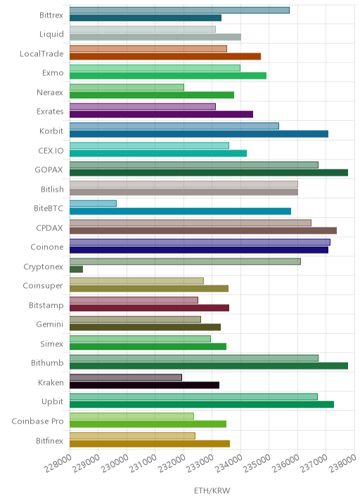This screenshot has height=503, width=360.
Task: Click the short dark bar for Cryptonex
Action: click(x=76, y=269)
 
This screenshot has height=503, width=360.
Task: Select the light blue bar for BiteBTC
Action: click(x=93, y=204)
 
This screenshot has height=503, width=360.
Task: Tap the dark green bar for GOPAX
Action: click(x=209, y=173)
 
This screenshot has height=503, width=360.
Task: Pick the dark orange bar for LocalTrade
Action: click(x=165, y=56)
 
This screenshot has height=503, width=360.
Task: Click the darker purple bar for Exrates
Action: click(x=161, y=115)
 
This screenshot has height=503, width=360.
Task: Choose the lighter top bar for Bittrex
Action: click(x=179, y=11)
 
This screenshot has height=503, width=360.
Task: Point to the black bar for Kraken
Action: click(x=145, y=385)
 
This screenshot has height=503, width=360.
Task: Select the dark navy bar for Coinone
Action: click(x=199, y=250)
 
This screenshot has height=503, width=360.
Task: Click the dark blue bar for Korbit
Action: click(x=199, y=133)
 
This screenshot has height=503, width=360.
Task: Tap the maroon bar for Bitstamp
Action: click(x=149, y=308)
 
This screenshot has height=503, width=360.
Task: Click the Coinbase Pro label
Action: click(x=37, y=421)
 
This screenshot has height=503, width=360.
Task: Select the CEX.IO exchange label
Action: click(x=51, y=150)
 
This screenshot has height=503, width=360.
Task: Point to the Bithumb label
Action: click(x=47, y=362)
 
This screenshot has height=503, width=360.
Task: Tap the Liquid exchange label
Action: click(x=51, y=34)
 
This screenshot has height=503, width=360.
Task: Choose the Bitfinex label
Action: click(x=49, y=440)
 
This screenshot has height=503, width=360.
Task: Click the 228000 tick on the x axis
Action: click(x=58, y=464)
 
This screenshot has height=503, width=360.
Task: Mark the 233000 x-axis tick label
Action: click(x=200, y=464)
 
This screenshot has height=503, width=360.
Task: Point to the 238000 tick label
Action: click(x=343, y=464)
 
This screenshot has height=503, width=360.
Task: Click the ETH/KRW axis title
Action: click(x=212, y=490)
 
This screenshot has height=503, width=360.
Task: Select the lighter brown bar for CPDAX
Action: click(x=191, y=223)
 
